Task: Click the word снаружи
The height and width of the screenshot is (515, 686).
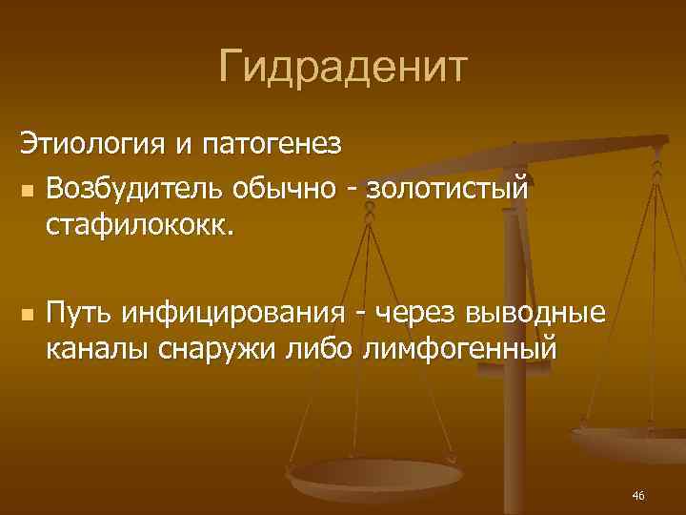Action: pyautogui.click(x=215, y=351)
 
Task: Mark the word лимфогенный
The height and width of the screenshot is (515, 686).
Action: pyautogui.click(x=458, y=351)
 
